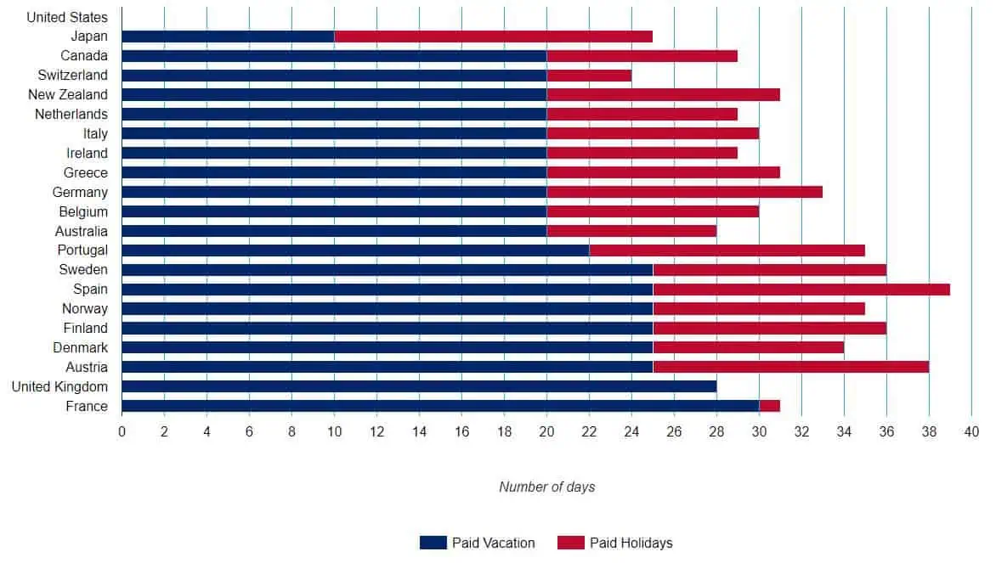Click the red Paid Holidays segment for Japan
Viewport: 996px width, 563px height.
point(493,37)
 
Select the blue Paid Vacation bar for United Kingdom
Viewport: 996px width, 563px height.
point(419,387)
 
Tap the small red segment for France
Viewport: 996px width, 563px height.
point(769,407)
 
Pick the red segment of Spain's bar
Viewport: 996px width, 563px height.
point(801,290)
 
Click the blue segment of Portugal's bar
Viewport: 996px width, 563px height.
point(355,251)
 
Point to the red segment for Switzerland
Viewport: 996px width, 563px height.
point(589,76)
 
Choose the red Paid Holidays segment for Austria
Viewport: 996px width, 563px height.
point(790,368)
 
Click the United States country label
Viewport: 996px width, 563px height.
point(67,17)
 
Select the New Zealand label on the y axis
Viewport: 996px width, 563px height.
point(68,95)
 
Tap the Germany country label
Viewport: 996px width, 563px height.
point(80,193)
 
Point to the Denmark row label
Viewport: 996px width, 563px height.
point(81,348)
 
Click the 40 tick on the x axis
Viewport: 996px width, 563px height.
point(971,432)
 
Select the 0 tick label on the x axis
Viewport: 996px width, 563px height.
point(122,432)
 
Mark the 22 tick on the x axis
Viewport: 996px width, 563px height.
point(589,432)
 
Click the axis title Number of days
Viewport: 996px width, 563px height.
point(546,487)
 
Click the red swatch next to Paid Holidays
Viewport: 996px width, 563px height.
point(570,543)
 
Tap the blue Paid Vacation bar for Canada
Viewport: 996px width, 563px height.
point(334,56)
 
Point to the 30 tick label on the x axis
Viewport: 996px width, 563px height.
point(759,432)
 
